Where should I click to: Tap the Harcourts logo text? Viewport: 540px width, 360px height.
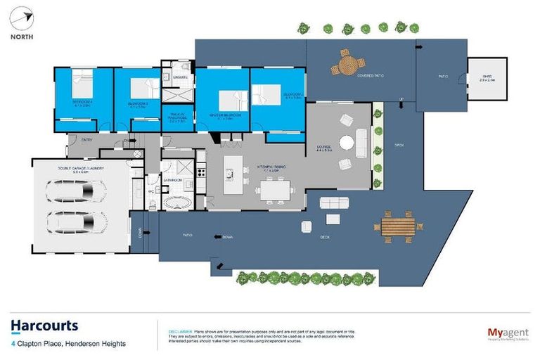(x=44, y=326)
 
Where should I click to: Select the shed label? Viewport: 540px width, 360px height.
(x=487, y=79)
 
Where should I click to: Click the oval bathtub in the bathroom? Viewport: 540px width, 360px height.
(x=177, y=201)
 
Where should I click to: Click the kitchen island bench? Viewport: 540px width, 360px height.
(x=233, y=169)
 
